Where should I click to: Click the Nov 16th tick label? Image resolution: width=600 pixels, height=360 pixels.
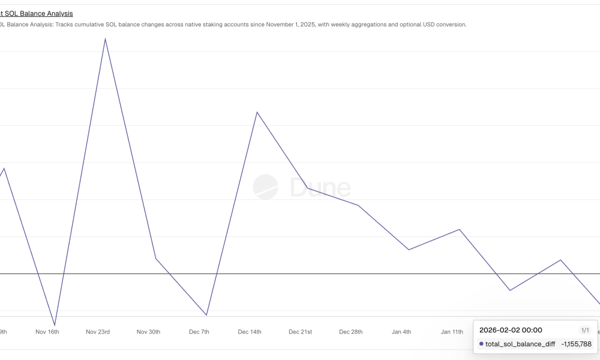pos(47,332)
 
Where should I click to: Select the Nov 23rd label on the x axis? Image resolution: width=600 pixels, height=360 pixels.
pos(98,332)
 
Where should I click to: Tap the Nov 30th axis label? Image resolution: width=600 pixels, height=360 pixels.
pos(148,332)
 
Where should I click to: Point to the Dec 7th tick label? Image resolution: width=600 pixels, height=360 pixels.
pos(199,332)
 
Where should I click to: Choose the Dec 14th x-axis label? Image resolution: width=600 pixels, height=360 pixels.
pos(250,332)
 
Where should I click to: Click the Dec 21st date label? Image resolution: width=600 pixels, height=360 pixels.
pos(300,332)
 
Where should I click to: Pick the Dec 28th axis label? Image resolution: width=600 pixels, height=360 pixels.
pos(350,332)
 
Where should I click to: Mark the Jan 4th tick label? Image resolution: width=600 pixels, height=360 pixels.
pos(401,332)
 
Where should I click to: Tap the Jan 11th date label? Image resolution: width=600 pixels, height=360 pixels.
pos(452,332)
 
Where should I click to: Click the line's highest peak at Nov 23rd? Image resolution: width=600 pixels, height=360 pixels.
pos(105,39)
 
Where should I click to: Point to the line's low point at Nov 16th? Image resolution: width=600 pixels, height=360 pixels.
pos(55,325)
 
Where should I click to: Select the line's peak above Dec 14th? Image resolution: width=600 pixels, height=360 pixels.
pos(257,112)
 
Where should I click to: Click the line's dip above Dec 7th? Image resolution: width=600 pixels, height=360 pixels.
pos(206,315)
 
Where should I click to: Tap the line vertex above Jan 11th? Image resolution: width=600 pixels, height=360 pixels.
pos(460,229)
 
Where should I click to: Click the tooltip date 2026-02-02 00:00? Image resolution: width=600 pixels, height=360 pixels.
pos(511,330)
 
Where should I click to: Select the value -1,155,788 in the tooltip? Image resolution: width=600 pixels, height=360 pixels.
pos(576,344)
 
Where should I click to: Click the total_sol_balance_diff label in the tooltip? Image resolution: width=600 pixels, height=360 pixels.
pos(520,344)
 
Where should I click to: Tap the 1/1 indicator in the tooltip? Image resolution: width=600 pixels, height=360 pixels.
pos(586,330)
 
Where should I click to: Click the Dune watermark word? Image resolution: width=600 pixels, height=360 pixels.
pos(320,188)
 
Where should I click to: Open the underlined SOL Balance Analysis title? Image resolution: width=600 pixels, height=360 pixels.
pos(38,13)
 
